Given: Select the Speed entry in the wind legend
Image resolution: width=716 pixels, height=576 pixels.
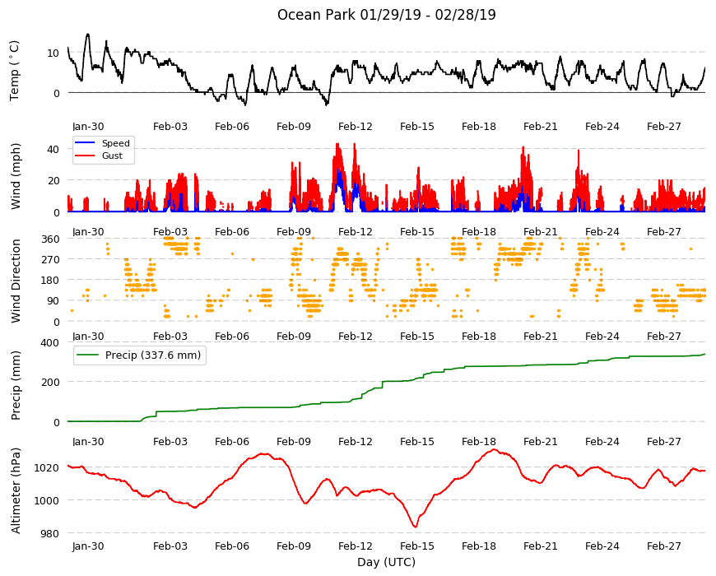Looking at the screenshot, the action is (115, 143).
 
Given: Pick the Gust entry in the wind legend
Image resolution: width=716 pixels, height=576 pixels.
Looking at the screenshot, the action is (112, 156).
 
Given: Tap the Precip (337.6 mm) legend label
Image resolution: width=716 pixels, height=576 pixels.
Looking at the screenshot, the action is (153, 355).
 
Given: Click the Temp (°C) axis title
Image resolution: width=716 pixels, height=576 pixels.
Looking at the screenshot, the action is (15, 71).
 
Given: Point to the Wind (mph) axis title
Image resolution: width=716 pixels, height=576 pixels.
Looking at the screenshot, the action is (16, 176).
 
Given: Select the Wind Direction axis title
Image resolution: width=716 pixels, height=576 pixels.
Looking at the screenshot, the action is (16, 281).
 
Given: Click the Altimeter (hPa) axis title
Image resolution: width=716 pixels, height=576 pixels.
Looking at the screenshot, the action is (16, 490).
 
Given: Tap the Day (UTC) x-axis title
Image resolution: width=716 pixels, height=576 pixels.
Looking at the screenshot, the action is (386, 562).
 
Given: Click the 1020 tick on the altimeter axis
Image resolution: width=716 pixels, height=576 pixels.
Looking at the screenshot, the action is (47, 468).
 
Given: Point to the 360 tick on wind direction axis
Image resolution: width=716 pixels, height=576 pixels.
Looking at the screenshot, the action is (50, 239).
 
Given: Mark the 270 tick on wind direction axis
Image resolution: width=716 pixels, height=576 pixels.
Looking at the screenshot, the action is (50, 260).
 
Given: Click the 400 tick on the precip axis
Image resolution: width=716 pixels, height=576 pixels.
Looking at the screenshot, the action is (50, 342).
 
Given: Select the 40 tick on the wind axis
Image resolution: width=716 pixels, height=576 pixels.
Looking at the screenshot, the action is (53, 149).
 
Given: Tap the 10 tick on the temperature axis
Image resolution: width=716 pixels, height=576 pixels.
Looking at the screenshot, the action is (53, 53).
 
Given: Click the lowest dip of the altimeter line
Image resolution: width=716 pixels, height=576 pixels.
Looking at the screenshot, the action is (415, 527).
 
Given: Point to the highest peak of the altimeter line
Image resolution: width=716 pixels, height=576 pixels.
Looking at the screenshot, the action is (494, 449).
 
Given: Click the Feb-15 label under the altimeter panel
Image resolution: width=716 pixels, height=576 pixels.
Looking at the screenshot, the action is (417, 546).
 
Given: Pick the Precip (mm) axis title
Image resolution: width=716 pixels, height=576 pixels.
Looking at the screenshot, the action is (16, 386).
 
